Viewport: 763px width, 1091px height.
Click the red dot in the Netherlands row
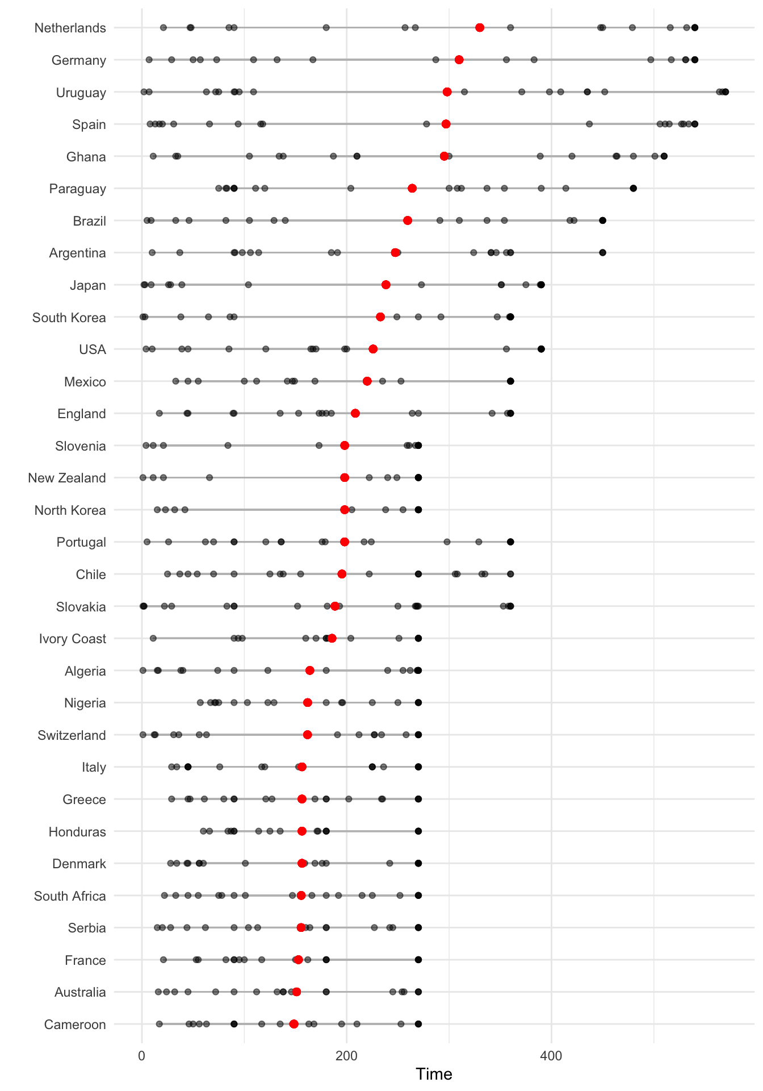(480, 28)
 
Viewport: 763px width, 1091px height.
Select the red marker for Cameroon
(294, 1024)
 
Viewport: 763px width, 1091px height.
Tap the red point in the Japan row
(386, 285)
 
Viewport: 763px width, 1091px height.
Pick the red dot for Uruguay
(447, 92)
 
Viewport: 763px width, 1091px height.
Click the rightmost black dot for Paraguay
(634, 188)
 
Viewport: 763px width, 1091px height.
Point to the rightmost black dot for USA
(541, 349)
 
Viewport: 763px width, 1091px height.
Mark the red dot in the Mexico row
(367, 381)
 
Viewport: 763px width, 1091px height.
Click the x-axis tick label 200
(346, 1056)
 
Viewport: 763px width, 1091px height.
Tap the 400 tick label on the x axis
(551, 1056)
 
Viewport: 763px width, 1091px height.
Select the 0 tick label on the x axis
(141, 1056)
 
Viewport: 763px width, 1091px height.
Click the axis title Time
(434, 1074)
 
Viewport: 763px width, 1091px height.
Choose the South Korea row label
(69, 318)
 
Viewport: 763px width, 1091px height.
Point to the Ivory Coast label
(72, 639)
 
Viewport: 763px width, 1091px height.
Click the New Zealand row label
(66, 478)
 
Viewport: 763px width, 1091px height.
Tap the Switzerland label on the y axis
(72, 735)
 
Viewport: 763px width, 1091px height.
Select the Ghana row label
(86, 157)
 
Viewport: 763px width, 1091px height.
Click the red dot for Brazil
(408, 220)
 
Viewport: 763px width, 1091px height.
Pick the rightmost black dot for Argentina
(603, 252)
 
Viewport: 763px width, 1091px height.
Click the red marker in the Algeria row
(310, 671)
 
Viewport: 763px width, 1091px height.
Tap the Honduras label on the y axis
(77, 832)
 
